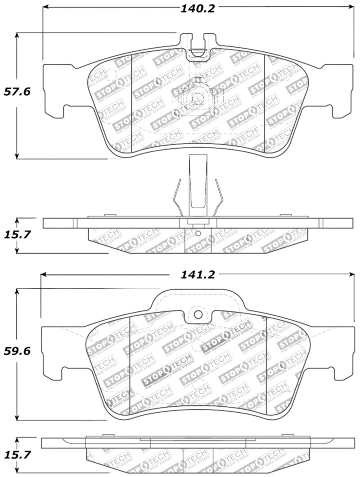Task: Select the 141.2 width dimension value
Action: (x=198, y=274)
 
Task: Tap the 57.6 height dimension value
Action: (x=17, y=92)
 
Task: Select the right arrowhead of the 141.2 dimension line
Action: (x=351, y=274)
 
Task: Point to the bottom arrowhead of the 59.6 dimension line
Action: (x=17, y=418)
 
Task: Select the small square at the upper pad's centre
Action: (x=197, y=98)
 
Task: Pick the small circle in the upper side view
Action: (x=198, y=233)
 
